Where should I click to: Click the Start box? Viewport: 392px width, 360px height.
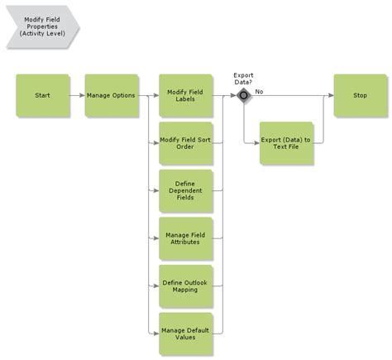tap(42, 95)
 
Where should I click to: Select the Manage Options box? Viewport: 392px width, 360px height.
tap(112, 95)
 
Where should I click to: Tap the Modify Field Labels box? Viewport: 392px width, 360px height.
tap(185, 95)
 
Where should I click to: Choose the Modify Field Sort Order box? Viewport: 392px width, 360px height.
tap(185, 142)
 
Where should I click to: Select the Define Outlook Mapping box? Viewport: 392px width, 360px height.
tap(185, 286)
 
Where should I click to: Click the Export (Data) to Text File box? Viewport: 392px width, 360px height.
tap(286, 142)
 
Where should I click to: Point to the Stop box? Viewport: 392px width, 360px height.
tap(360, 95)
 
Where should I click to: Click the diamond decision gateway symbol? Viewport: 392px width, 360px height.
tap(243, 96)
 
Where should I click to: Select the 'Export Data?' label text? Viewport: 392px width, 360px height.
tap(243, 78)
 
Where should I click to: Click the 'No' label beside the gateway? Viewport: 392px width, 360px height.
tap(259, 90)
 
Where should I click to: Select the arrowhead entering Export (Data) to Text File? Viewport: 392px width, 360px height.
tap(256, 143)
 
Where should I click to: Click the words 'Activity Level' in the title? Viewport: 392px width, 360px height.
tap(42, 34)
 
